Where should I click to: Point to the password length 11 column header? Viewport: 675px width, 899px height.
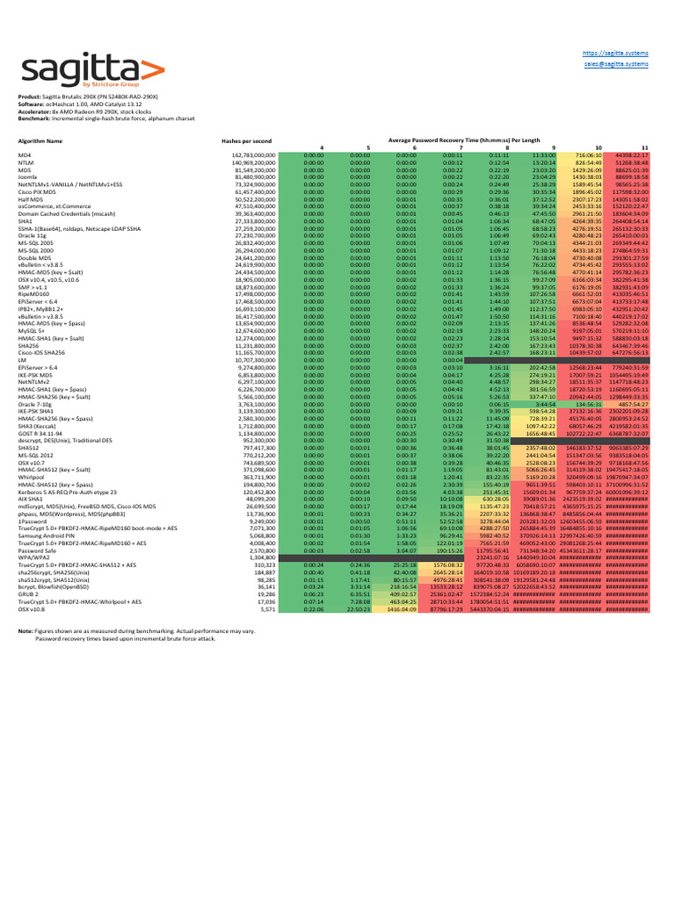click(x=644, y=147)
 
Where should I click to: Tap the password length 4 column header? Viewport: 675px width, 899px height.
click(x=322, y=147)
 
